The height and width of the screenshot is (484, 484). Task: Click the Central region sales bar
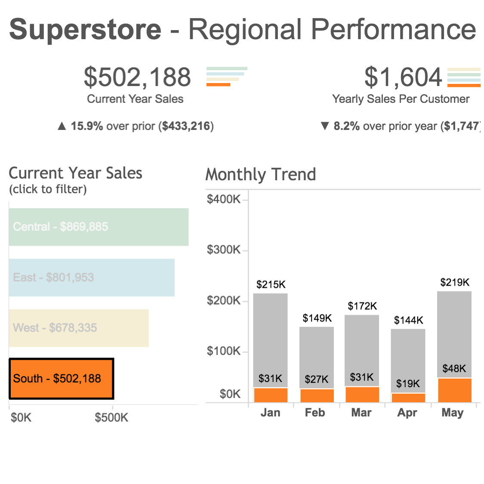(x=99, y=227)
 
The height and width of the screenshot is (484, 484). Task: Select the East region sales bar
(x=92, y=277)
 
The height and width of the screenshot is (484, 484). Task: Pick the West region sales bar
(x=79, y=328)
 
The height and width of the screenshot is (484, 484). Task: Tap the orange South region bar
(x=61, y=379)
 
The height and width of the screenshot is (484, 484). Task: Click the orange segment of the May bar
(x=454, y=390)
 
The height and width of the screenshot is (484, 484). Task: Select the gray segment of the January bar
(x=270, y=336)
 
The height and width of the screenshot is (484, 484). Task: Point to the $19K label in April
(x=408, y=383)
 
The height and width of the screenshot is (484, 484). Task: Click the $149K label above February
(x=317, y=318)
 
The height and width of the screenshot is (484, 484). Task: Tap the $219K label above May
(x=455, y=282)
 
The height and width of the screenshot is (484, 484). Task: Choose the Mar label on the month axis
(x=361, y=413)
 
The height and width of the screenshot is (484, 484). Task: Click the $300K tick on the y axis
(x=223, y=250)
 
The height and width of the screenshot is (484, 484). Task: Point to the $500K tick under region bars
(x=111, y=417)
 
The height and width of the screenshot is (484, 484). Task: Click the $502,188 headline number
(x=137, y=77)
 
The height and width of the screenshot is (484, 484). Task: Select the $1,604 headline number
(x=403, y=77)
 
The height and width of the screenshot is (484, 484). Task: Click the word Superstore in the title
(x=85, y=29)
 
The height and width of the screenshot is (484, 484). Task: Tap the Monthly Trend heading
(x=261, y=175)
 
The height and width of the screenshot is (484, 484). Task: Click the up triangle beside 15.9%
(x=62, y=126)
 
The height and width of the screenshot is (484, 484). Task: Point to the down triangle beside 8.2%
(x=325, y=126)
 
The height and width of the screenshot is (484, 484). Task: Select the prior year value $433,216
(x=186, y=126)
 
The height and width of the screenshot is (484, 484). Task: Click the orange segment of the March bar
(x=362, y=395)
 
